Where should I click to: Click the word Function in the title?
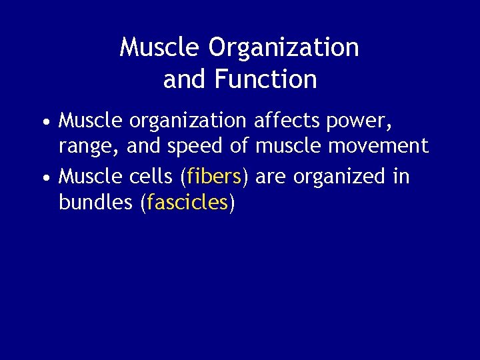coord(266,79)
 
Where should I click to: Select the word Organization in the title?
coord(283,47)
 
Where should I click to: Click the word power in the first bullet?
coord(358,122)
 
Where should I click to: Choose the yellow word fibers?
coord(214,177)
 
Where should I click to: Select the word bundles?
coord(95,203)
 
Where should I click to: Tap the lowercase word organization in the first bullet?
coord(187,122)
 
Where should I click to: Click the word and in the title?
coord(185,79)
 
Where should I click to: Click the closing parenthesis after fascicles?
coord(231,203)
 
